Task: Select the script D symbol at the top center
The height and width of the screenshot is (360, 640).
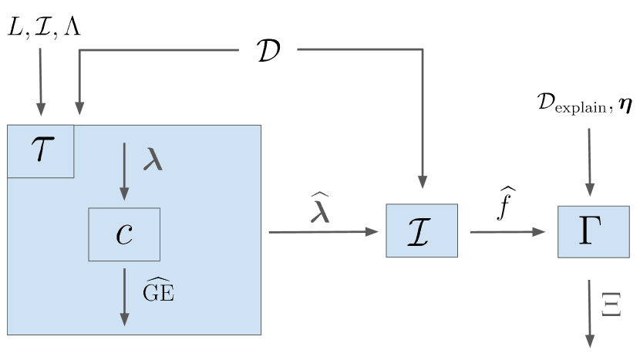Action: pos(267,50)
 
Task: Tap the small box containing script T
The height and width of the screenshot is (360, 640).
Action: pos(40,151)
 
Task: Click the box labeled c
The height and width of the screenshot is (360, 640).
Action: pos(124,234)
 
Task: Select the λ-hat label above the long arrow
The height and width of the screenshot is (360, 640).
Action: pos(320,208)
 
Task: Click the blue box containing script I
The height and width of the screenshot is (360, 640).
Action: pos(422,230)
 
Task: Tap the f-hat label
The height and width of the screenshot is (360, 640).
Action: pos(507,206)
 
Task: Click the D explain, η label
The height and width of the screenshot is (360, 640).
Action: pos(584,103)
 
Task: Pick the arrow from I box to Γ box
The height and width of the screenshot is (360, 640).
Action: pos(507,231)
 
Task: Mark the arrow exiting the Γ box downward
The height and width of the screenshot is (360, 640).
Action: pos(591,315)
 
